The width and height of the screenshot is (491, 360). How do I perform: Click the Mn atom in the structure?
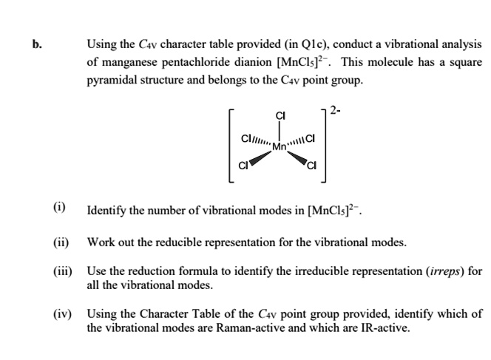point(280,146)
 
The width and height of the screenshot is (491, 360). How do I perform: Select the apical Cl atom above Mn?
point(280,115)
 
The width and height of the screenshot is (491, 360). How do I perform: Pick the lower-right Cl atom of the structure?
point(312,164)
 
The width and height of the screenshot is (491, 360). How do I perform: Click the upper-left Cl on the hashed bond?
point(247,137)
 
